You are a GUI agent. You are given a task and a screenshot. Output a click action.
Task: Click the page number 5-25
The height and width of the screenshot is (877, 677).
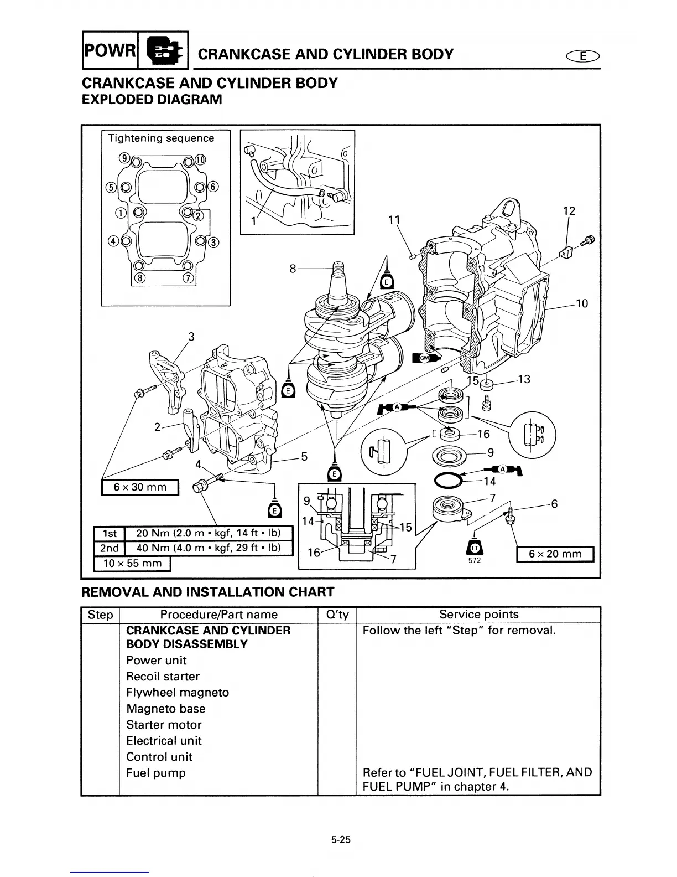pyautogui.click(x=341, y=840)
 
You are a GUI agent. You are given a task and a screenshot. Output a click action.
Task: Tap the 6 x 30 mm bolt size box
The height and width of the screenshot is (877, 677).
pyautogui.click(x=140, y=487)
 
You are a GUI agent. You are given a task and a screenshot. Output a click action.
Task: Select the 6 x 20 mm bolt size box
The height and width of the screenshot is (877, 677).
pyautogui.click(x=555, y=554)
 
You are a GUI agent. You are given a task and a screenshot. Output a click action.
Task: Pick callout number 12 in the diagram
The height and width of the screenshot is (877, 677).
pyautogui.click(x=569, y=211)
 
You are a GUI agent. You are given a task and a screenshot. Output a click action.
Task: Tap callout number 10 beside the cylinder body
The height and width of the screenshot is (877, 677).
pyautogui.click(x=581, y=303)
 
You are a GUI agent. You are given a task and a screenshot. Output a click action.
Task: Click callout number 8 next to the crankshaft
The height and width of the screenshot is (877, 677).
pyautogui.click(x=293, y=269)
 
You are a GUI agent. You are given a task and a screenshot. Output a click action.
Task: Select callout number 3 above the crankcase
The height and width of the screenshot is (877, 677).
pyautogui.click(x=191, y=336)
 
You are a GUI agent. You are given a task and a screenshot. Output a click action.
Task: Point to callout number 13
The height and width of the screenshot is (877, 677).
pyautogui.click(x=524, y=379)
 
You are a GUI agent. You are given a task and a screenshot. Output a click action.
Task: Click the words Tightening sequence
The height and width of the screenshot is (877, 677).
pyautogui.click(x=161, y=138)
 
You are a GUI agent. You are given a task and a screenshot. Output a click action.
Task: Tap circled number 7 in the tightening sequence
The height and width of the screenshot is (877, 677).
pyautogui.click(x=188, y=278)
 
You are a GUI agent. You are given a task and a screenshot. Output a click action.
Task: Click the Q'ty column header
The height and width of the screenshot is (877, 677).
pyautogui.click(x=336, y=615)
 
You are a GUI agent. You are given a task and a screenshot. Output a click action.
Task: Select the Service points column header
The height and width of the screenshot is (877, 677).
pyautogui.click(x=478, y=615)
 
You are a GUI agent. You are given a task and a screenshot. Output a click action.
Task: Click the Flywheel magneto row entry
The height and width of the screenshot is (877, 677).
pyautogui.click(x=177, y=693)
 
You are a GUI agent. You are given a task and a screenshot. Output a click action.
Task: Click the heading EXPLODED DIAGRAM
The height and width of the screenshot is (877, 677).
pyautogui.click(x=152, y=100)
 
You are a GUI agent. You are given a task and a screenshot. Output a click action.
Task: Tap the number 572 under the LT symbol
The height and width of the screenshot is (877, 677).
pyautogui.click(x=475, y=560)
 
